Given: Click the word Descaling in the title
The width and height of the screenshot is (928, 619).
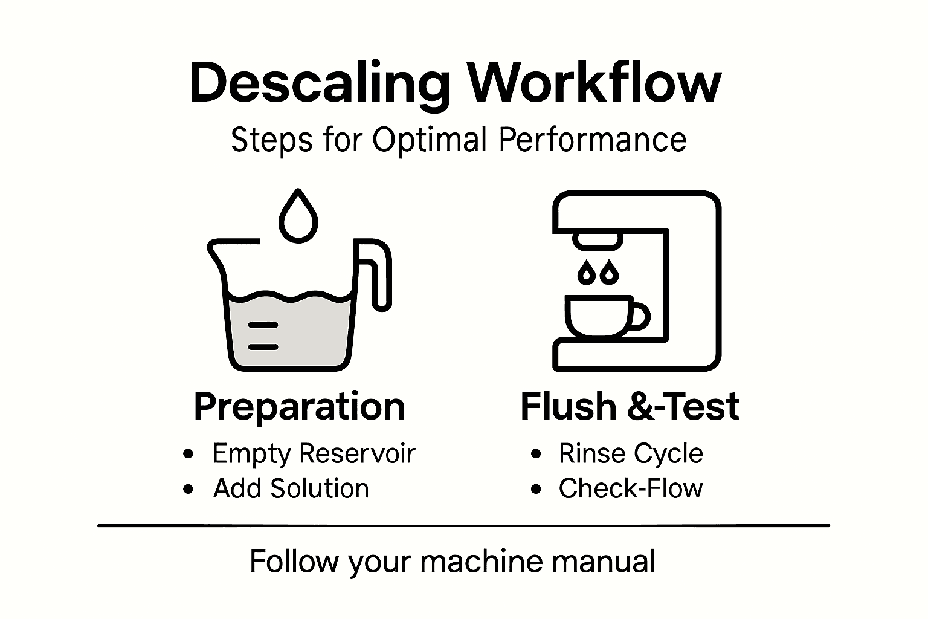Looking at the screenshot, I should (320, 83).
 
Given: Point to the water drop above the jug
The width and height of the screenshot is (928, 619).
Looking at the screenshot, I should (297, 217).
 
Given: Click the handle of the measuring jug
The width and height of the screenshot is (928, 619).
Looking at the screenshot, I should (378, 275).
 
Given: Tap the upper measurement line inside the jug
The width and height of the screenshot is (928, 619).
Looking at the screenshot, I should (263, 325).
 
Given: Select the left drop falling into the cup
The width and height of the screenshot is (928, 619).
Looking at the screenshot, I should (587, 273).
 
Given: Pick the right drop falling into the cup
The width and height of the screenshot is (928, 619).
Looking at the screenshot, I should (610, 273).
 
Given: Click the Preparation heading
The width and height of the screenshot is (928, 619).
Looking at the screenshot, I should (299, 406).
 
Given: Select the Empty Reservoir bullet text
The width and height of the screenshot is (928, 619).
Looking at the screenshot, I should (314, 453).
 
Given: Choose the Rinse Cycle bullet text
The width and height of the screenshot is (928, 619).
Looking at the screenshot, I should (631, 453).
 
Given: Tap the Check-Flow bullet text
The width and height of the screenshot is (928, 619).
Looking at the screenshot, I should (631, 488).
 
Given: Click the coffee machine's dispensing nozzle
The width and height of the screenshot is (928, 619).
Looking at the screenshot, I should (598, 239).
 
